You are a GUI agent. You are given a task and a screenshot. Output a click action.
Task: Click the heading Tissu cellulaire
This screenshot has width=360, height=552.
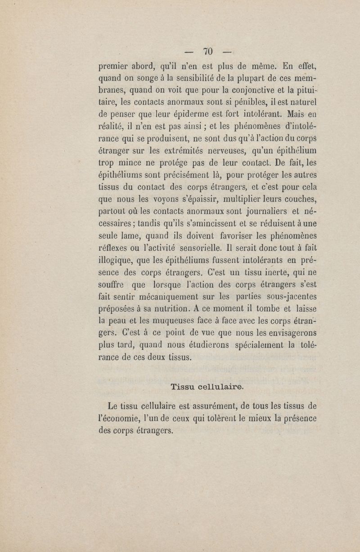point(208,386)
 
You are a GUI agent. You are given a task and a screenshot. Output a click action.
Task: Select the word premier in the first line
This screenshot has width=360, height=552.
point(115,64)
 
